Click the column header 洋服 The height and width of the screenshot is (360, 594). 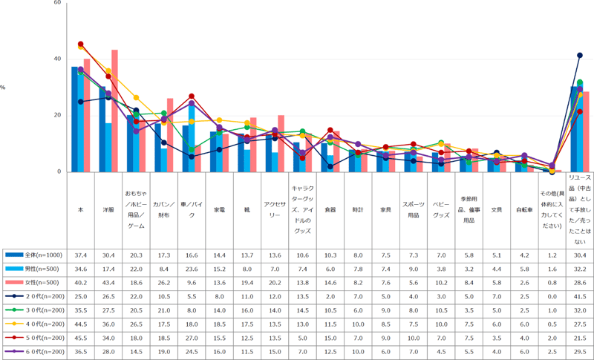(x=108, y=210)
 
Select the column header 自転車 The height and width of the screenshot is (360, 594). (x=524, y=210)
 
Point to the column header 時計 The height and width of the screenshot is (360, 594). (x=357, y=210)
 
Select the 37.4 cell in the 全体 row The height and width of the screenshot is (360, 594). (x=81, y=255)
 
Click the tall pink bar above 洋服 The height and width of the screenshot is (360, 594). (x=115, y=111)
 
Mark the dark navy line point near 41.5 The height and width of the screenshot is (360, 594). (x=580, y=55)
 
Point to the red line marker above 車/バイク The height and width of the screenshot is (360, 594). (x=192, y=96)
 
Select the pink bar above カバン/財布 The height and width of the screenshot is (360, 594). (x=170, y=135)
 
